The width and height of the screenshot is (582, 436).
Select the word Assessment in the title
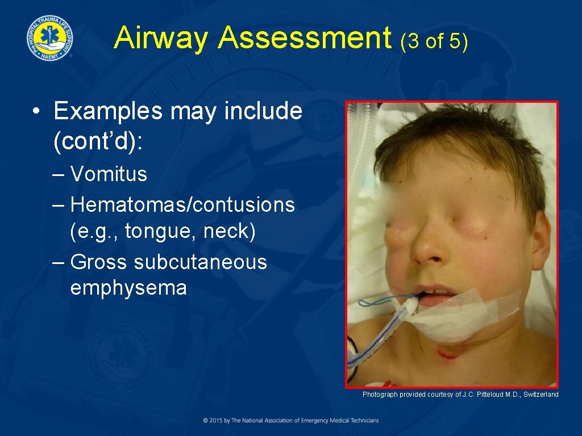click(x=305, y=39)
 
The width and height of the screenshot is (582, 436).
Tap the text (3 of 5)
click(x=434, y=41)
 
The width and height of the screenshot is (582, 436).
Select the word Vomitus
click(x=109, y=174)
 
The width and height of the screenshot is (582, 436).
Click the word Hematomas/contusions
click(x=182, y=204)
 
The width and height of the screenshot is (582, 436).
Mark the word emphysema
click(x=128, y=288)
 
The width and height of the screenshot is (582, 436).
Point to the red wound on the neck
click(x=448, y=354)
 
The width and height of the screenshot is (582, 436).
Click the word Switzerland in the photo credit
click(x=541, y=395)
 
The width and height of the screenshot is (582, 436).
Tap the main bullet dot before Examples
click(x=36, y=112)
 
